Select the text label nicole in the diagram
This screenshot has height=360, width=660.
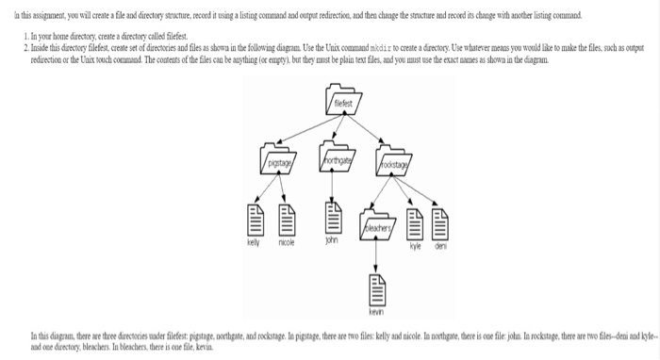pyautogui.click(x=287, y=242)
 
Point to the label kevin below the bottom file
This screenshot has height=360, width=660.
pyautogui.click(x=377, y=312)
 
